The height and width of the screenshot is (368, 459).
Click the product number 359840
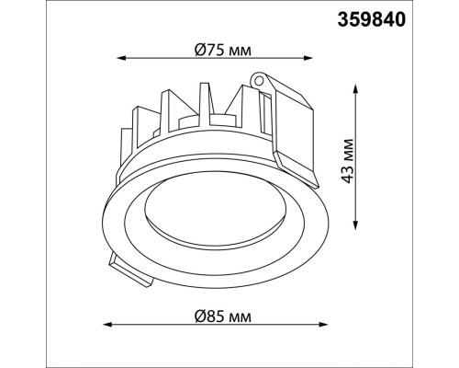pos(372,20)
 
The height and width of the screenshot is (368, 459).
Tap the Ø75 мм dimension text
pos(223,50)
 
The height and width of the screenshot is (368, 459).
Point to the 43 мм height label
pos(348,161)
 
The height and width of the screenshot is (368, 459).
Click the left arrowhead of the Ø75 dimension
pos(122,58)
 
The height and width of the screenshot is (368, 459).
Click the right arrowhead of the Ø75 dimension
pos(308,58)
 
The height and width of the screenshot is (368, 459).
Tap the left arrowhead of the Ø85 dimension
pos(107,324)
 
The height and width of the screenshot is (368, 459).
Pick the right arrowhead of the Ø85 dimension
pos(323,324)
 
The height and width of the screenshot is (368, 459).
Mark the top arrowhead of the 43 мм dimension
pos(355,88)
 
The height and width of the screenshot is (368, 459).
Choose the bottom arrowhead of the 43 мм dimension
pos(355,224)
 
